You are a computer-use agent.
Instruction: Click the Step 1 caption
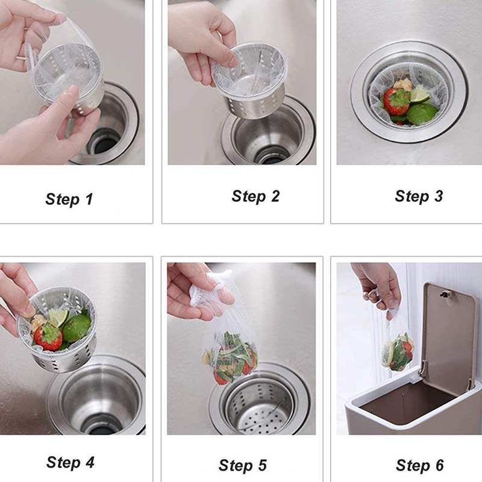point(69,199)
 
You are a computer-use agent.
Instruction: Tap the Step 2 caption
point(255,196)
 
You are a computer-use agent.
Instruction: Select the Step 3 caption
point(419,196)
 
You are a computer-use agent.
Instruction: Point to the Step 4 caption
point(70,463)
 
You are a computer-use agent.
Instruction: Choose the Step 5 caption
point(243,465)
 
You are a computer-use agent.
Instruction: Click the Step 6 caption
point(419,465)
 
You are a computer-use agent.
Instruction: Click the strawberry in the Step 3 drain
point(396,102)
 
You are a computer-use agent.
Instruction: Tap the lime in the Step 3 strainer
point(422,112)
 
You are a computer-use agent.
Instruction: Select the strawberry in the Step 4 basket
point(48,337)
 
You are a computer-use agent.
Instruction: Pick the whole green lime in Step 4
point(77,328)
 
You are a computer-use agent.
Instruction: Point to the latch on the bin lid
point(446,295)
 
